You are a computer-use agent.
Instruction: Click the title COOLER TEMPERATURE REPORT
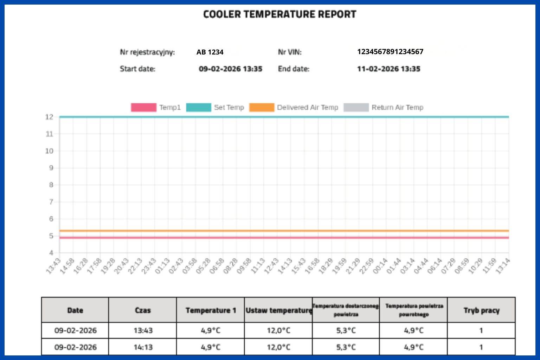[279, 14]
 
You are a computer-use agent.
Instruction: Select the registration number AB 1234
[210, 52]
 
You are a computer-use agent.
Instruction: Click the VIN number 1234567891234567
[390, 52]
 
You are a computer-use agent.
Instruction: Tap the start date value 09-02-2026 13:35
[230, 69]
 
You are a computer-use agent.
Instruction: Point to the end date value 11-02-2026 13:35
[388, 69]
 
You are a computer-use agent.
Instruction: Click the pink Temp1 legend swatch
[143, 107]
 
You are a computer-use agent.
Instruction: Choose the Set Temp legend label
[229, 107]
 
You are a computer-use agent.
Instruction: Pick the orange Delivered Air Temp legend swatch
[262, 107]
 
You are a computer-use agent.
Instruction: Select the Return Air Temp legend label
[397, 107]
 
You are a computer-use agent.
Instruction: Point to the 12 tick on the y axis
[49, 117]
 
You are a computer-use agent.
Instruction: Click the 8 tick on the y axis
[51, 185]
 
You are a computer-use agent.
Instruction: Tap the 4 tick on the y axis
[51, 253]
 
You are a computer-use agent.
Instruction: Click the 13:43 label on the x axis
[53, 266]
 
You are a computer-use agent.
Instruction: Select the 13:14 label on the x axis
[503, 266]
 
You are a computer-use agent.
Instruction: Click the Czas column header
[143, 310]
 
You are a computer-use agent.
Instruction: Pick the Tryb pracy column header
[481, 310]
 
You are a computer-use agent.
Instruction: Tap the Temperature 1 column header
[211, 310]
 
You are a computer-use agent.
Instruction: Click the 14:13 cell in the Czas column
[143, 347]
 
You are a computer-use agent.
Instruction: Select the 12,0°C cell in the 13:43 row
[278, 330]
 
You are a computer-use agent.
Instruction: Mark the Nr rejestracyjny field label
[147, 52]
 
